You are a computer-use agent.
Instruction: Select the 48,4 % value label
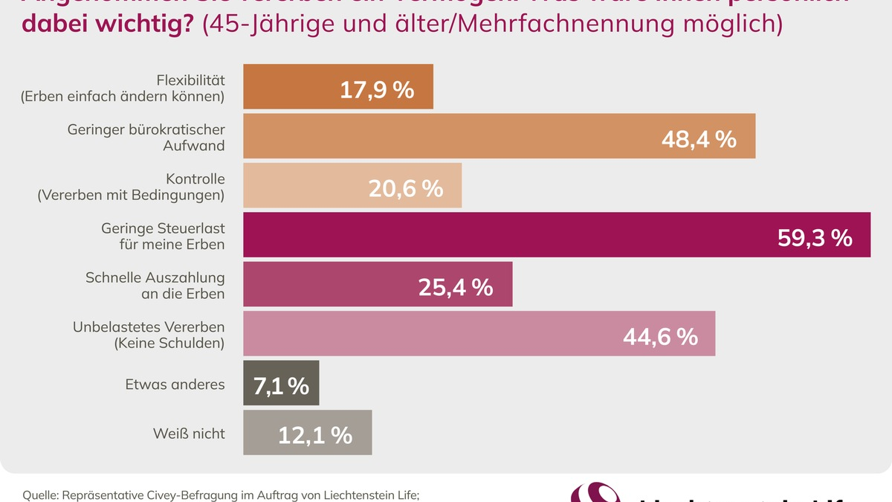coord(699,139)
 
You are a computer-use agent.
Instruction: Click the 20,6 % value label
coord(406,188)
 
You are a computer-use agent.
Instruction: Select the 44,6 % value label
coord(660,336)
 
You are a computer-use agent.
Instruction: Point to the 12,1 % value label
coord(315,435)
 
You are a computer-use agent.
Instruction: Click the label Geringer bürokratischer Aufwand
coord(146,138)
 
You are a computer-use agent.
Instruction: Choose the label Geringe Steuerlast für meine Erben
coord(163,236)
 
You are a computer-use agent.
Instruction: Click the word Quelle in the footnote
coord(40,495)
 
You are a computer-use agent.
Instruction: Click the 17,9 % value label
coord(377,90)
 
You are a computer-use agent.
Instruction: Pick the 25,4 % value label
coord(456,287)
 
